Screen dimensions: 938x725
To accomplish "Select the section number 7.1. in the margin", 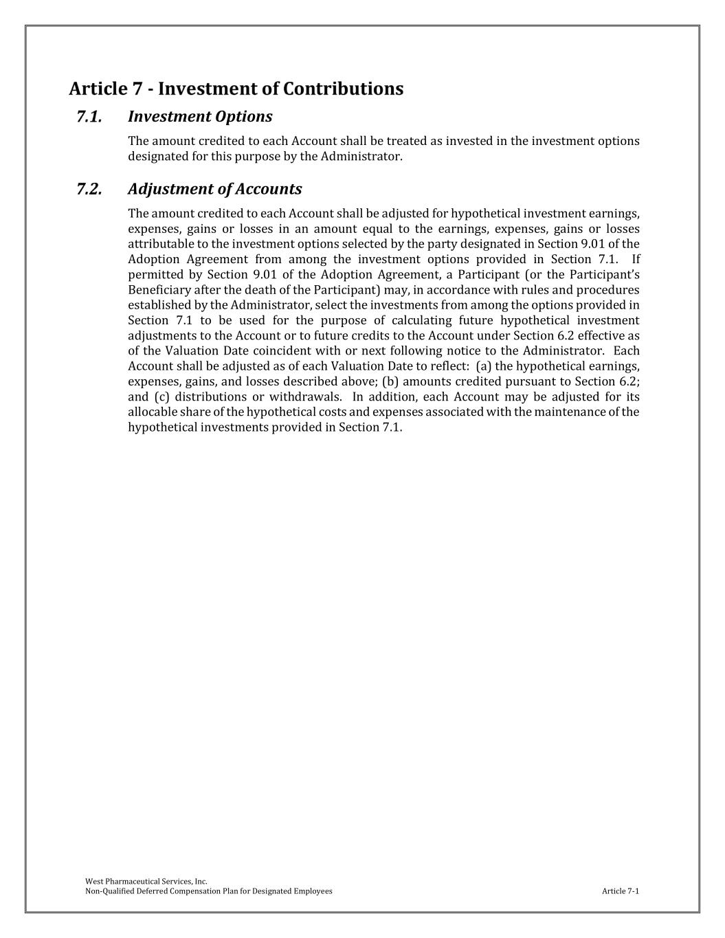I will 89,117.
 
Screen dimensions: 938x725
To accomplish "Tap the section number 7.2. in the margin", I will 89,189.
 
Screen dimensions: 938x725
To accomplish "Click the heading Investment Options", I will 200,117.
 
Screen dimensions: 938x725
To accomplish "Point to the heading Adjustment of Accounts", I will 214,189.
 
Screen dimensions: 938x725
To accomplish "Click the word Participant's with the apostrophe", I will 605,275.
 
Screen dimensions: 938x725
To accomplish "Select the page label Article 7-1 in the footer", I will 620,891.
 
